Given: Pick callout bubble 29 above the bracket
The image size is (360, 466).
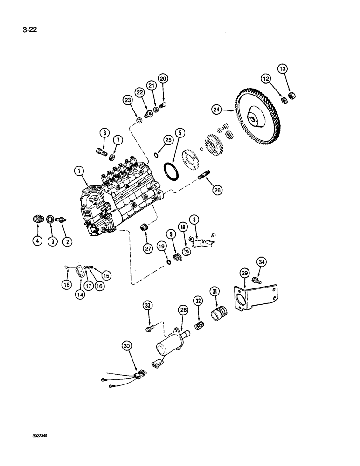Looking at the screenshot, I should click(244, 272).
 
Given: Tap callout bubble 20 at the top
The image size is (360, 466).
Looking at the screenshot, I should click(162, 79).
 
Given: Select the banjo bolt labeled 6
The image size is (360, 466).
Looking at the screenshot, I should click(100, 151).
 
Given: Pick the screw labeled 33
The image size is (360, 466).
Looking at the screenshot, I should click(149, 329).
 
